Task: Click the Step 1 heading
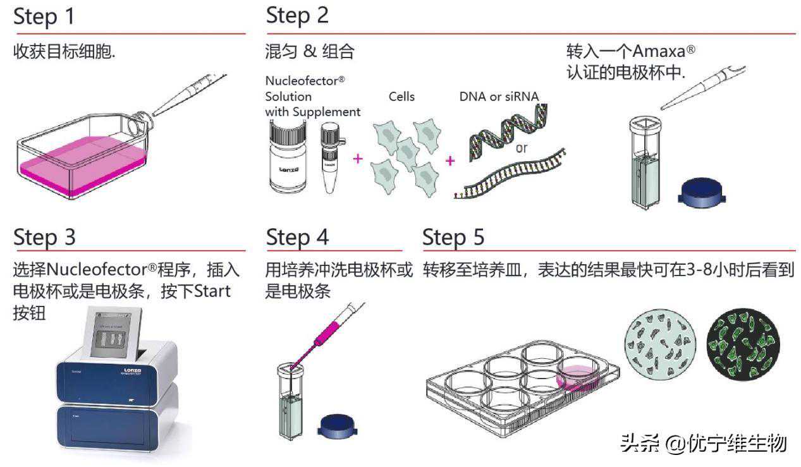coord(44,17)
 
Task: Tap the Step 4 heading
coord(297,238)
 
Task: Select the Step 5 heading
coord(453,238)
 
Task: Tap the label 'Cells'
coord(401,97)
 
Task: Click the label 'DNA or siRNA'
coord(499,97)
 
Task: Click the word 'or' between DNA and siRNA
coord(521,149)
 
